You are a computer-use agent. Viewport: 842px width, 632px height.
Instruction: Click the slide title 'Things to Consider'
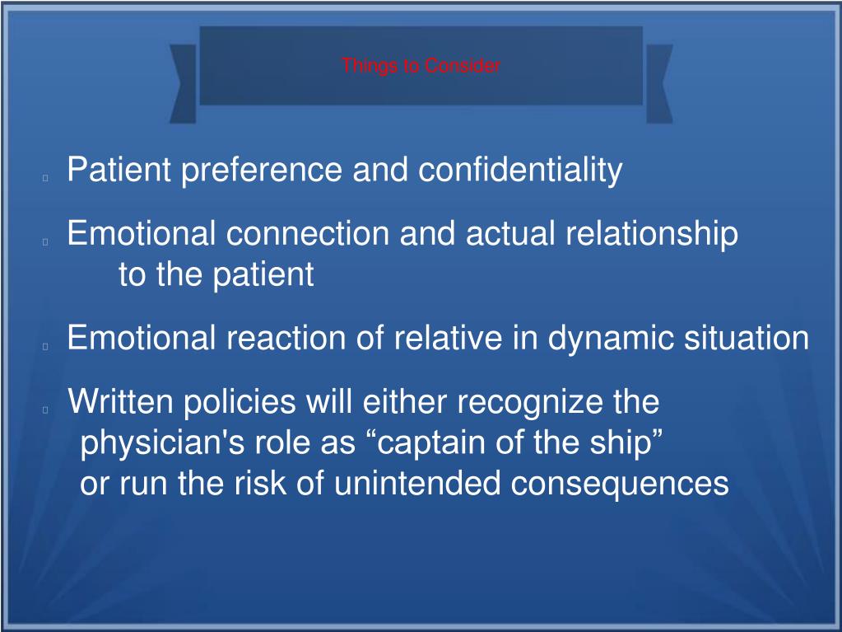421,66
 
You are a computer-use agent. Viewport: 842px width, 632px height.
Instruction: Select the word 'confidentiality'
520,171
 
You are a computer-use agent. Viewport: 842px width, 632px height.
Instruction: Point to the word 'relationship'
651,234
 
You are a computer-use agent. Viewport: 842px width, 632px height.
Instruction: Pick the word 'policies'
239,403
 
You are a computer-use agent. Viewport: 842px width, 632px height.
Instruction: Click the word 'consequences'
620,484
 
